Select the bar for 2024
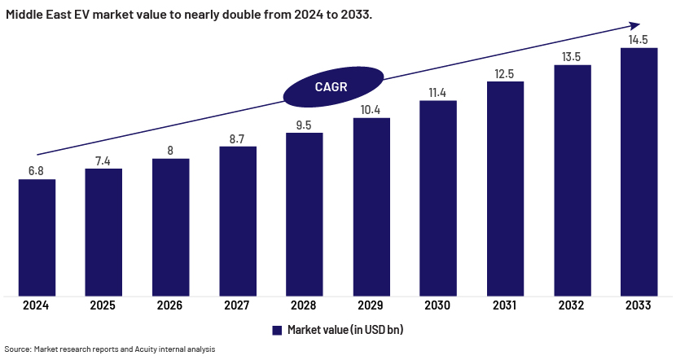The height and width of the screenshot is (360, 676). (x=37, y=237)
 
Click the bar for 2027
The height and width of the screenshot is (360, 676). (x=238, y=221)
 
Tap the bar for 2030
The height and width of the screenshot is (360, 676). (x=438, y=198)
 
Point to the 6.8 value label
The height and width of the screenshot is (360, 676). (x=37, y=170)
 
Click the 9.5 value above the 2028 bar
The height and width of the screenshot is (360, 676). (x=305, y=125)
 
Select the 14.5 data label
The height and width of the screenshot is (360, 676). (x=639, y=39)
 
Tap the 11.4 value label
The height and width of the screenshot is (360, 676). (x=438, y=93)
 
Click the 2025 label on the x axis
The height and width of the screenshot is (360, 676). (x=103, y=306)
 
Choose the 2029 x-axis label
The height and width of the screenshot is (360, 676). (x=371, y=306)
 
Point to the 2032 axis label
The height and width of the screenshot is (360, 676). (x=572, y=306)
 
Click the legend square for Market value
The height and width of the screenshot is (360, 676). (x=278, y=330)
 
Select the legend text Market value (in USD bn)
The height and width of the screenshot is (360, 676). (x=345, y=330)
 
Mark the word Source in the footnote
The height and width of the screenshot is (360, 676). (x=18, y=349)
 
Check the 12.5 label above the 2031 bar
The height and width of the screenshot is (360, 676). (x=505, y=74)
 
